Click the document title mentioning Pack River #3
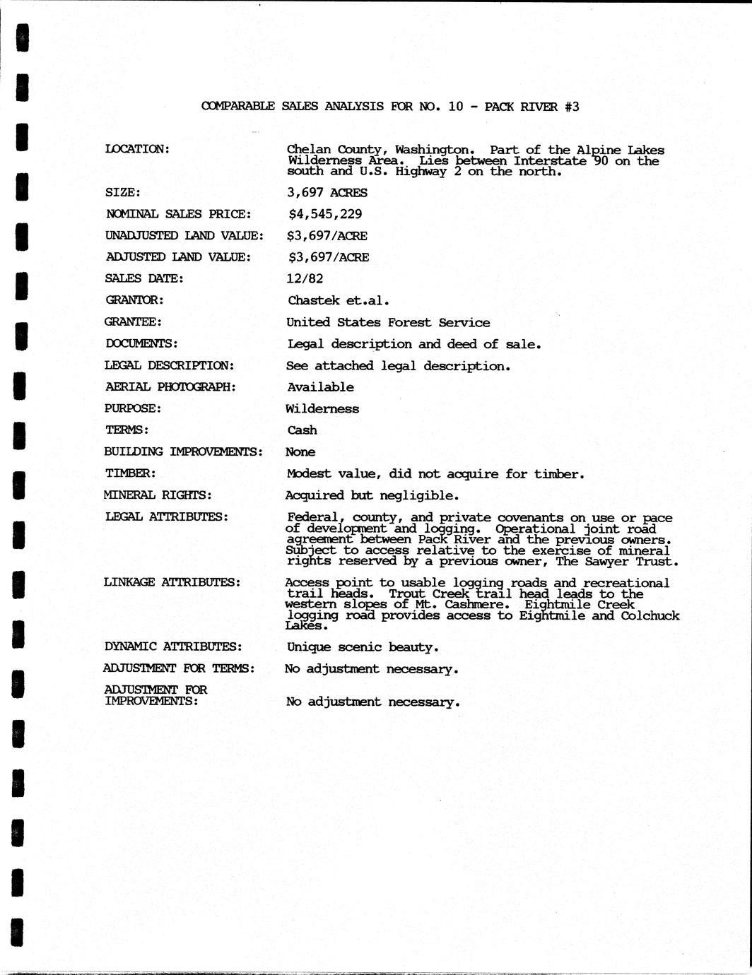(390, 107)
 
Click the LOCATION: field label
(137, 148)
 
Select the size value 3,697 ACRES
(327, 192)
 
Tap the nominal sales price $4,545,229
(325, 213)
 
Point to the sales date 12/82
(305, 278)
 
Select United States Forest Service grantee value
(388, 322)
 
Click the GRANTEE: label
(134, 321)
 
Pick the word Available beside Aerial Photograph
(320, 387)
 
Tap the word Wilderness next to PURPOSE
(322, 408)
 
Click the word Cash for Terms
(302, 430)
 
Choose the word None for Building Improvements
(300, 452)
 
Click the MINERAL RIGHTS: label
(158, 495)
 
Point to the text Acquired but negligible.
(372, 495)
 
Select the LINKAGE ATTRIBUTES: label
(172, 582)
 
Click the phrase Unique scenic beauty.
(363, 647)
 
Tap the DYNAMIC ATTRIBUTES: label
(173, 646)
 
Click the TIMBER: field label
(130, 473)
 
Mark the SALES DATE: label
(144, 278)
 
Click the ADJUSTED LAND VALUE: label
(177, 256)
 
